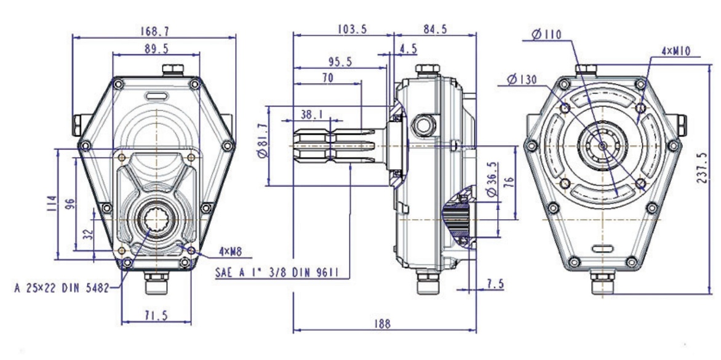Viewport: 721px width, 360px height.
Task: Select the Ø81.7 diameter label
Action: [x=263, y=145]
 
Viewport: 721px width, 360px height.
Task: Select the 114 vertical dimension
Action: [x=51, y=202]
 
